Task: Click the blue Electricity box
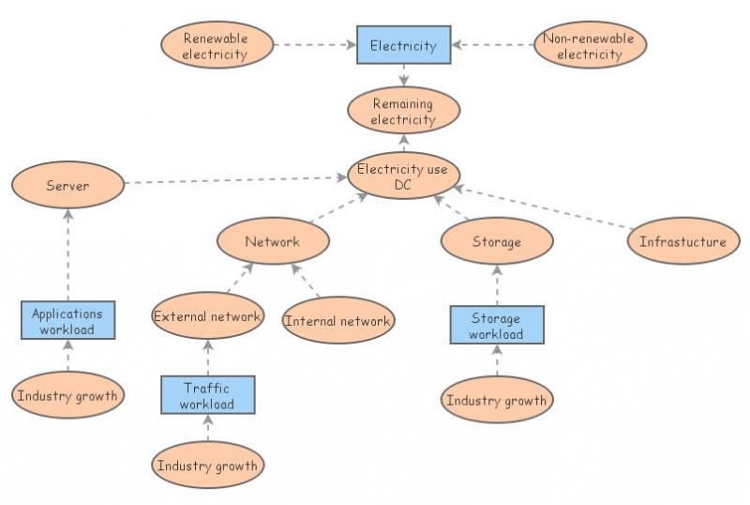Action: click(403, 45)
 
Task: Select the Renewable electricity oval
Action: click(217, 46)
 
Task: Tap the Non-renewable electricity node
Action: click(590, 45)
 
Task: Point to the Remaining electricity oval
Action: click(403, 111)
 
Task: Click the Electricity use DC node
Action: click(403, 177)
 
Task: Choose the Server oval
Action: click(67, 186)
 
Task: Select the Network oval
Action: click(273, 241)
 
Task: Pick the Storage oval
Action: click(497, 242)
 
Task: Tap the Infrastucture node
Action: click(682, 241)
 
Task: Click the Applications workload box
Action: click(67, 320)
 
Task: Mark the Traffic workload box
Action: click(208, 394)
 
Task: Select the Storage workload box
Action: click(496, 325)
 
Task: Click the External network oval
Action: click(207, 316)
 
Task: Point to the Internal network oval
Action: click(337, 321)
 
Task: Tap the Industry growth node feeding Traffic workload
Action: click(207, 465)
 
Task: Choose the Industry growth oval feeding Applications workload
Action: click(67, 395)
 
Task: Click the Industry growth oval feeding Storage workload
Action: click(496, 401)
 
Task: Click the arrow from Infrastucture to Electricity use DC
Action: click(544, 207)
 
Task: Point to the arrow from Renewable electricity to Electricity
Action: click(315, 44)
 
